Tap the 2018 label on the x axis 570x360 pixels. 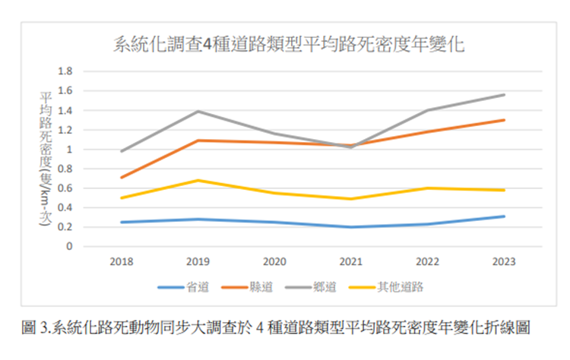122,262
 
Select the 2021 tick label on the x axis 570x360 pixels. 350,262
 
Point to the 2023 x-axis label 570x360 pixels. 503,262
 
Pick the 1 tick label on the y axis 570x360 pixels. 69,150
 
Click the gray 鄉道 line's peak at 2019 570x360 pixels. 198,112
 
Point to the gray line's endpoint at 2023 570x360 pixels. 503,95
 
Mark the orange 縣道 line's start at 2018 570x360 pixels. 122,178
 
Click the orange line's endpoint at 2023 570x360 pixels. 503,120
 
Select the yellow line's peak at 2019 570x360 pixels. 198,180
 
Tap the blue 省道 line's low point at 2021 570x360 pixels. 350,227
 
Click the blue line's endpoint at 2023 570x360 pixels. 503,216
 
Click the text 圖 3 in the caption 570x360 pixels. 36,327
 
